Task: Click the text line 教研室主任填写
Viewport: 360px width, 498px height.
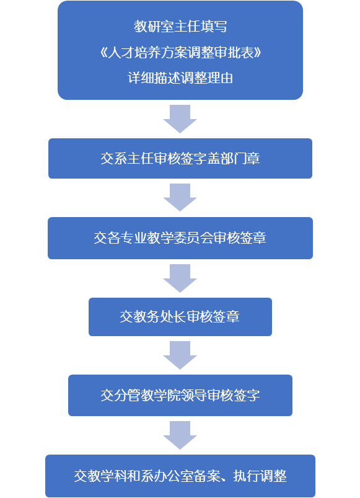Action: [180, 27]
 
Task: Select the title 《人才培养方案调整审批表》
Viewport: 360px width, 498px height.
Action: [180, 52]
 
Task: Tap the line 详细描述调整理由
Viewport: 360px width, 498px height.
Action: [180, 78]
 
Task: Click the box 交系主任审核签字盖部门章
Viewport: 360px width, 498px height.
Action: [180, 159]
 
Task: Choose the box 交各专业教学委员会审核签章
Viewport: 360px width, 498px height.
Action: [180, 238]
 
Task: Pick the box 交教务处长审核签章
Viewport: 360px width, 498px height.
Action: [180, 317]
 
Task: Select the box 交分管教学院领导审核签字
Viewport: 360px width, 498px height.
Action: [180, 396]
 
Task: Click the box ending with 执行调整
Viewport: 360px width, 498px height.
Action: [180, 476]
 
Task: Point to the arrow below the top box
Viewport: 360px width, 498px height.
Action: [180, 119]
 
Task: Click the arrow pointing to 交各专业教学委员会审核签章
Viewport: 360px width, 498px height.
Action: [180, 197]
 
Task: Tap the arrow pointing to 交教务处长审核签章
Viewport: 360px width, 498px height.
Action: [180, 278]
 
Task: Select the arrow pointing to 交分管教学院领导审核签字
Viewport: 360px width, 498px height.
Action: [180, 355]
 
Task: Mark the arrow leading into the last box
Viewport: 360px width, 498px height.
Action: [180, 435]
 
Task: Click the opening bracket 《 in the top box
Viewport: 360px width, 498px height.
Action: [103, 53]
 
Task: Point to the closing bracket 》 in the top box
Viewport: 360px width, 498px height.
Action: [257, 53]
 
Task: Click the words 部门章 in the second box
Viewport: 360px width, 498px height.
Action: [240, 159]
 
